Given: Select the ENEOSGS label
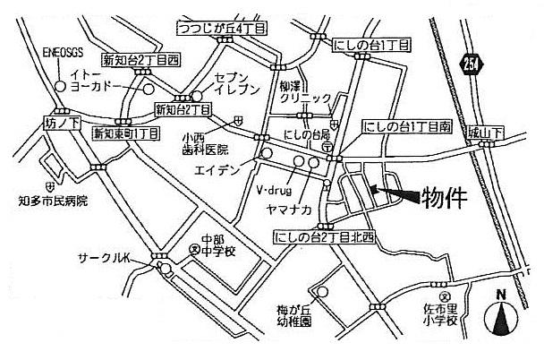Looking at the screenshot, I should click(62, 51).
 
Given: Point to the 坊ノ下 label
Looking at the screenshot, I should click(62, 117).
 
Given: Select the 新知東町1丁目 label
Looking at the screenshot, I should click(126, 133).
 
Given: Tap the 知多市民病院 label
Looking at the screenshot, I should click(52, 203).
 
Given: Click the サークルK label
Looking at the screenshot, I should click(106, 257).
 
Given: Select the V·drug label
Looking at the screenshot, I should click(273, 191).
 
